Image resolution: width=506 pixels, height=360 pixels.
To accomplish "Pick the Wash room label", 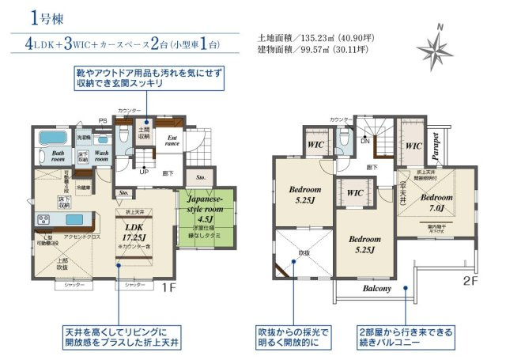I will click(101, 156).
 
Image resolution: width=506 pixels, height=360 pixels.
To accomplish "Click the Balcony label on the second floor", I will click(377, 289).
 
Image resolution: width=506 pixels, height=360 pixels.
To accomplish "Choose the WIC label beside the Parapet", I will click(412, 146).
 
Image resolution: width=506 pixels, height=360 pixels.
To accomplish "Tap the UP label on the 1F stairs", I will click(143, 171).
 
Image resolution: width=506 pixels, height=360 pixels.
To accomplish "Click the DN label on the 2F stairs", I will click(364, 140).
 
